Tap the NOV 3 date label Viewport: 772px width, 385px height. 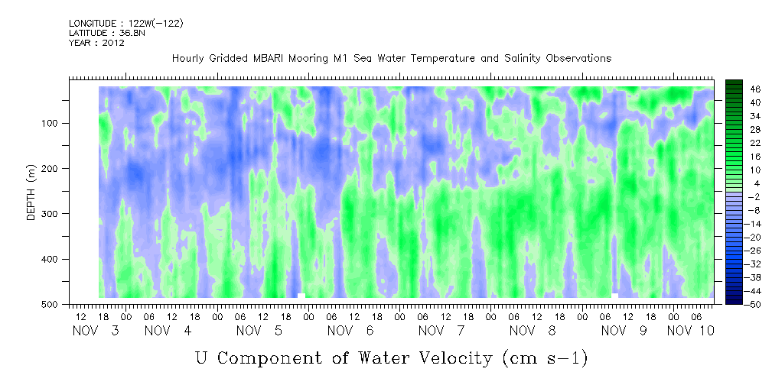[96, 331]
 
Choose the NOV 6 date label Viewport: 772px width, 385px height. [350, 331]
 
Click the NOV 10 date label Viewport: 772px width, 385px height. [690, 331]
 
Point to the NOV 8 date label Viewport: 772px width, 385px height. [533, 331]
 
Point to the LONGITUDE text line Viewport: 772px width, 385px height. [126, 23]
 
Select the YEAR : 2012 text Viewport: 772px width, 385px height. [96, 43]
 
